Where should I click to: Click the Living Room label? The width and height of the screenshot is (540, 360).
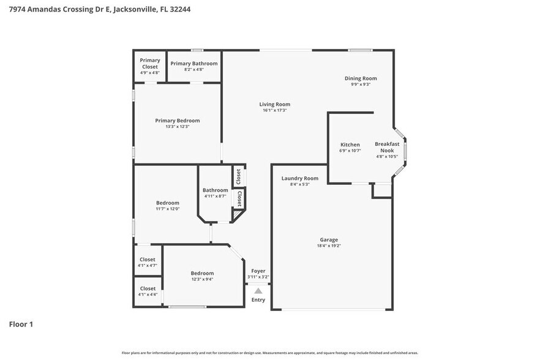point(274,104)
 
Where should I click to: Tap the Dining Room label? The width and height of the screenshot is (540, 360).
point(360,78)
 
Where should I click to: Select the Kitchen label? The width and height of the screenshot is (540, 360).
point(350,144)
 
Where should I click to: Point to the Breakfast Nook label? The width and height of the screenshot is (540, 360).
point(387,147)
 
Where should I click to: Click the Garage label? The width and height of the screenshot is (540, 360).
point(329,239)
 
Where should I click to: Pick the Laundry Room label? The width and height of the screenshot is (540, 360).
point(299,178)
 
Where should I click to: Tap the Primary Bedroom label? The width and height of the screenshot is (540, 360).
point(177,121)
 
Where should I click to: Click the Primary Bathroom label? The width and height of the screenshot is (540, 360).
point(193,64)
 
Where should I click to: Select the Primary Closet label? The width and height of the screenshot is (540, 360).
point(150,63)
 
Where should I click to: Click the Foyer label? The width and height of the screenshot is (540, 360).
point(258,271)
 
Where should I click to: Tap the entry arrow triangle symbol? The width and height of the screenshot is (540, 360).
point(258,291)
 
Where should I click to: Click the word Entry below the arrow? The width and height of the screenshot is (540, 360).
point(258,299)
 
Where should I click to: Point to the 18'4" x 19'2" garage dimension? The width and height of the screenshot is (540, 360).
point(329,246)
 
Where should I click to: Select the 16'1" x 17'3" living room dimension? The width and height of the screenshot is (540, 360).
point(274,110)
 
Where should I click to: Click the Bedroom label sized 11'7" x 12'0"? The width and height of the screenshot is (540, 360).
point(167,203)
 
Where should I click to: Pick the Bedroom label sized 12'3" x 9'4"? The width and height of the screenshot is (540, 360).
point(202,273)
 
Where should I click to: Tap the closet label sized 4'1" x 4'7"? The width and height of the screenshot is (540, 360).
point(148,259)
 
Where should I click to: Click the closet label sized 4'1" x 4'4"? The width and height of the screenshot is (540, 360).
point(148,288)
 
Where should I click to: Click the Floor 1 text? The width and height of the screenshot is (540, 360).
point(21,324)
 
